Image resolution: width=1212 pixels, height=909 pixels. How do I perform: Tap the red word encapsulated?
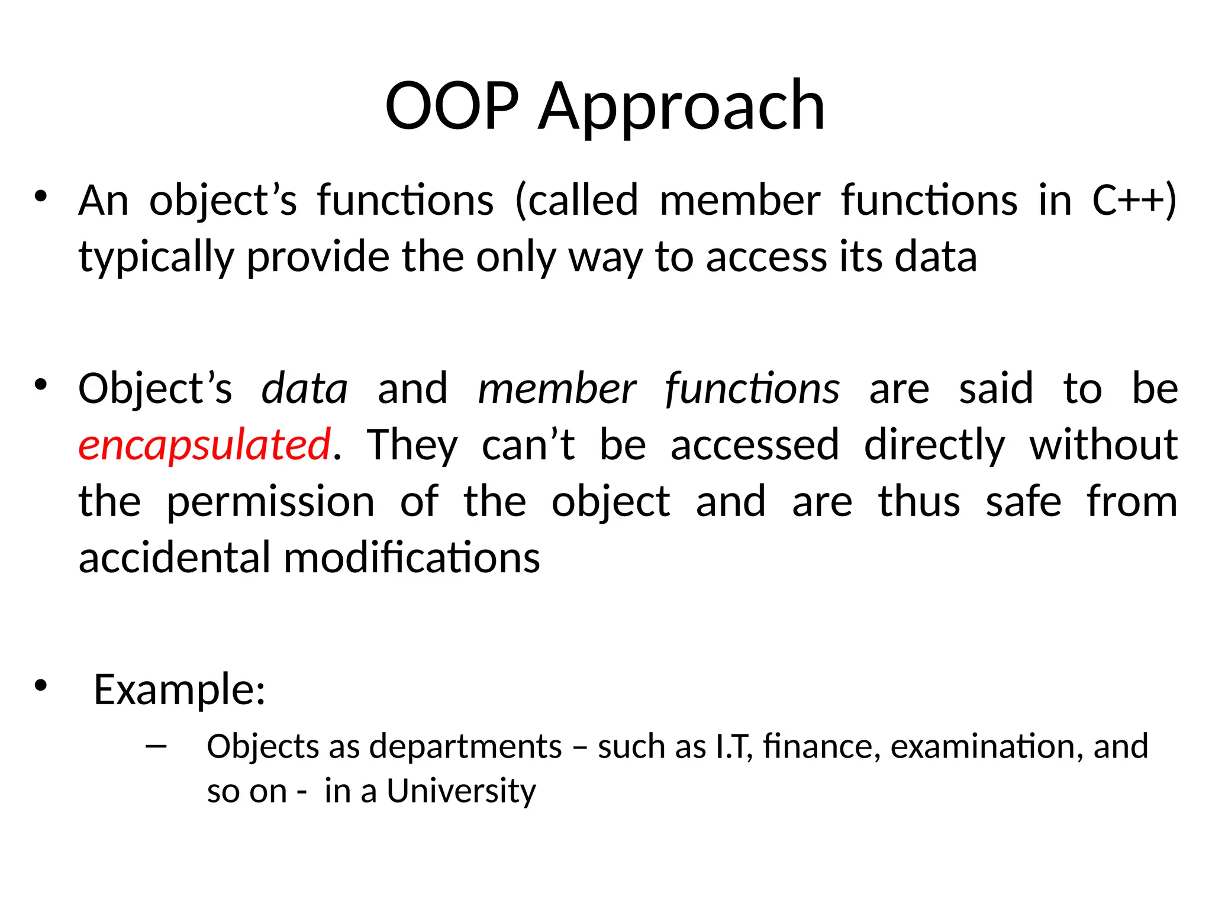[204, 445]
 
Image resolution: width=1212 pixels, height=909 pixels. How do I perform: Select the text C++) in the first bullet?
[1134, 200]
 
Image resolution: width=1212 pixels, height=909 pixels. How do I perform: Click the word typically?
[156, 258]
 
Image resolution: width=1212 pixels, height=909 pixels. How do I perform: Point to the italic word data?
[304, 389]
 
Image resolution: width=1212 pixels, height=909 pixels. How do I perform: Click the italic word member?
[556, 389]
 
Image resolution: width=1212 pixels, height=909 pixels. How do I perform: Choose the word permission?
[270, 502]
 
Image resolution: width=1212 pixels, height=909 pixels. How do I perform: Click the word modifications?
[412, 558]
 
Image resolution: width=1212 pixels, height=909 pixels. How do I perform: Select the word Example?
[179, 690]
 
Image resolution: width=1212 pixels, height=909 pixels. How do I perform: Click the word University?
[461, 791]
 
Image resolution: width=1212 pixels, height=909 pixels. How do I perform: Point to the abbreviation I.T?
[734, 746]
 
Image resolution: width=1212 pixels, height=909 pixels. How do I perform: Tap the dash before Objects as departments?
[156, 746]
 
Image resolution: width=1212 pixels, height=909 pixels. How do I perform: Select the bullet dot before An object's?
[40, 196]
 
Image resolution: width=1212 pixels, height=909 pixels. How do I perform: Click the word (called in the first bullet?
[576, 200]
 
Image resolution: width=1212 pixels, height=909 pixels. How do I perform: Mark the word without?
[1103, 445]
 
